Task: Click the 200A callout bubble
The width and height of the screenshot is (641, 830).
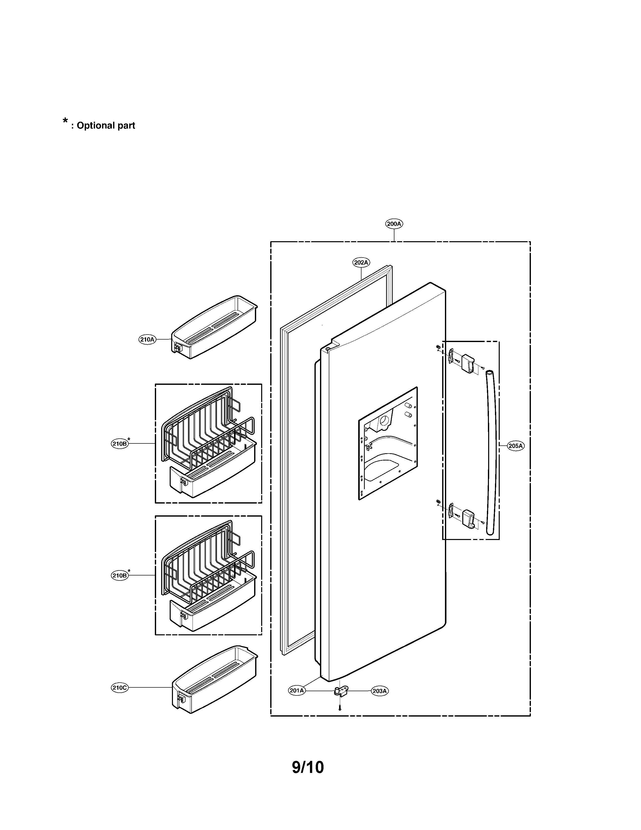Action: pos(394,224)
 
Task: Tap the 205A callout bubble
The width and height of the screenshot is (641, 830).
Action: pos(516,446)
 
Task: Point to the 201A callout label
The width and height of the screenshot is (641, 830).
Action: pos(297,690)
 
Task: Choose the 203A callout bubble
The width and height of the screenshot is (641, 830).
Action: pos(379,691)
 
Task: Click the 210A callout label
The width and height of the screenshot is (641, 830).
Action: pos(147,339)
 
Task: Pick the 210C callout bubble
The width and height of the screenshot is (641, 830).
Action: pos(120,687)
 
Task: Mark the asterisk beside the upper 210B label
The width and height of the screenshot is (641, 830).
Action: pos(129,439)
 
